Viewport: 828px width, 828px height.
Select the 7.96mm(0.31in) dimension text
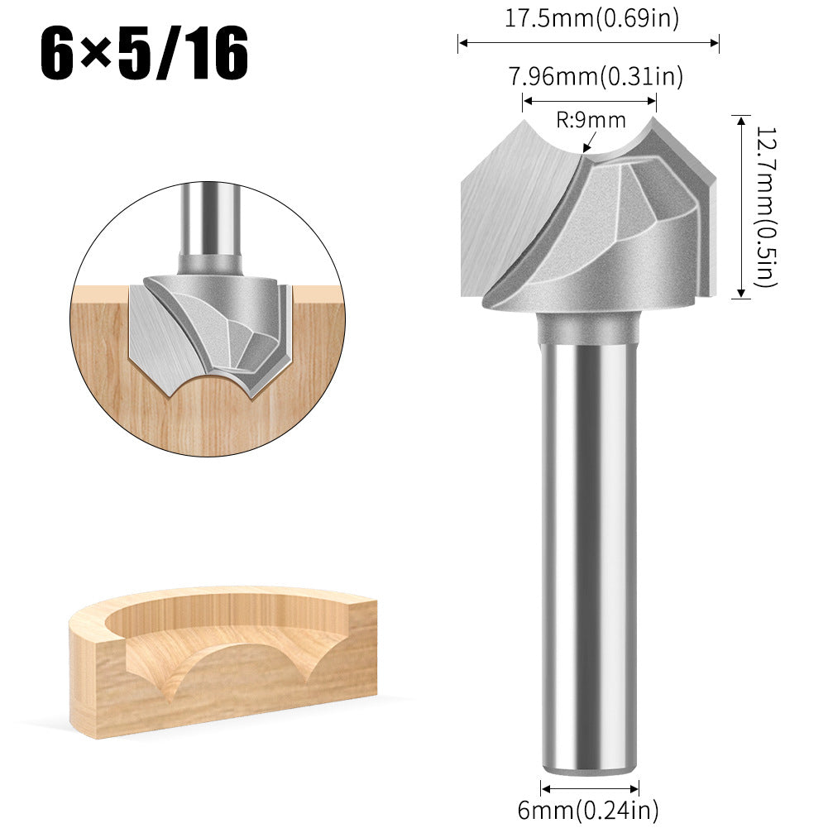point(596,77)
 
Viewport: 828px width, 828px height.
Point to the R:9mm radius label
point(591,121)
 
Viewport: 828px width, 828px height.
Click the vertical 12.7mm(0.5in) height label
point(766,207)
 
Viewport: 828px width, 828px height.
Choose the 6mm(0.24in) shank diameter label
point(588,810)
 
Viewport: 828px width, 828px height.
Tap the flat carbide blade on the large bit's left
point(505,215)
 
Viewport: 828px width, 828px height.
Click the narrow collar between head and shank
point(589,328)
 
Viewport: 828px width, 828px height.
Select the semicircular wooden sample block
point(223,662)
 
